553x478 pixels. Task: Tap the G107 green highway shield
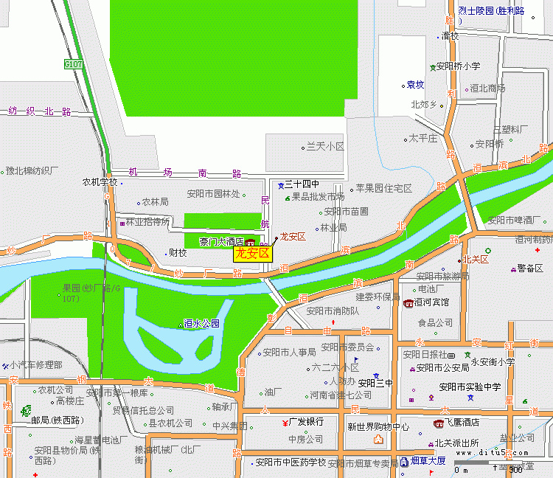click(x=73, y=65)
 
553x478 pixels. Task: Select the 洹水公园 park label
click(x=201, y=323)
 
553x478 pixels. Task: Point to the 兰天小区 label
click(x=325, y=147)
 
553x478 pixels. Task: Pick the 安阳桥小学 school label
click(x=458, y=66)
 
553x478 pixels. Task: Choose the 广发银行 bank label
click(x=306, y=422)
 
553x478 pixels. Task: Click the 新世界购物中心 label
click(x=378, y=426)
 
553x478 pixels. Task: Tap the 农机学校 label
click(x=100, y=182)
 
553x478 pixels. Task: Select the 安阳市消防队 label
click(x=333, y=311)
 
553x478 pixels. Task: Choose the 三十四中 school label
click(x=302, y=184)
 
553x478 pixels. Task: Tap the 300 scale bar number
click(x=516, y=470)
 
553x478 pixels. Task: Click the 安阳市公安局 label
click(x=442, y=367)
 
